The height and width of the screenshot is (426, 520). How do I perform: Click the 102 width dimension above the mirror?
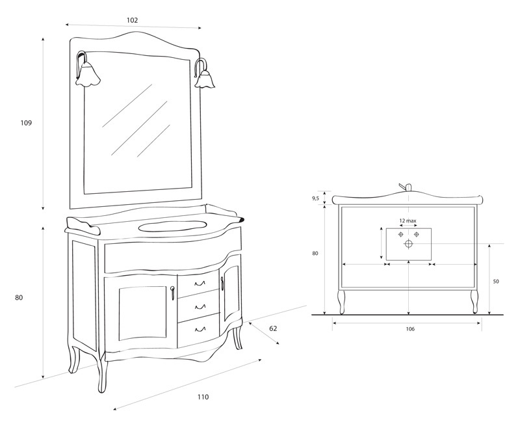pyautogui.click(x=132, y=20)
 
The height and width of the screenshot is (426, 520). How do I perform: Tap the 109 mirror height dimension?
pyautogui.click(x=26, y=123)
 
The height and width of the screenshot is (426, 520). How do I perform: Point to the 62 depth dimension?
pyautogui.click(x=273, y=328)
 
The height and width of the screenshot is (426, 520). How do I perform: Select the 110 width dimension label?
pyautogui.click(x=203, y=397)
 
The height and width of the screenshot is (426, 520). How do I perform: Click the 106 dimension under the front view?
pyautogui.click(x=410, y=329)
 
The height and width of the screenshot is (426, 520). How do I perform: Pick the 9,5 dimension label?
pyautogui.click(x=315, y=198)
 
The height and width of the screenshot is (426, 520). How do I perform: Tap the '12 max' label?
pyautogui.click(x=408, y=220)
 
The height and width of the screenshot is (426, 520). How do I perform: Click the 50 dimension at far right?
pyautogui.click(x=496, y=282)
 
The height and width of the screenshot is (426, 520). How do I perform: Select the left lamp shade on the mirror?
pyautogui.click(x=88, y=76)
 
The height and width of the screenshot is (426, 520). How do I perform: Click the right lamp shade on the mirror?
pyautogui.click(x=205, y=79)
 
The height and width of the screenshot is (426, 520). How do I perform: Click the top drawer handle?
pyautogui.click(x=200, y=284)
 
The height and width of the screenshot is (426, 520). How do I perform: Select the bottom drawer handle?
pyautogui.click(x=200, y=330)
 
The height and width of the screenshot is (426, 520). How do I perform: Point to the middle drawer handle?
pyautogui.click(x=200, y=307)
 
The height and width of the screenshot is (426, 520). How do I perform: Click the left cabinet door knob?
pyautogui.click(x=172, y=293)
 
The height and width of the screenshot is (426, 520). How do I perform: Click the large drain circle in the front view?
pyautogui.click(x=409, y=244)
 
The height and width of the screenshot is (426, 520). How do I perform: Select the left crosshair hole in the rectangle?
pyautogui.click(x=400, y=235)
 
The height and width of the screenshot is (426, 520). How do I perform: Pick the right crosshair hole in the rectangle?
pyautogui.click(x=417, y=235)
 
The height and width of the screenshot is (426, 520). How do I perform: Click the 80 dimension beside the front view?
pyautogui.click(x=315, y=254)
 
